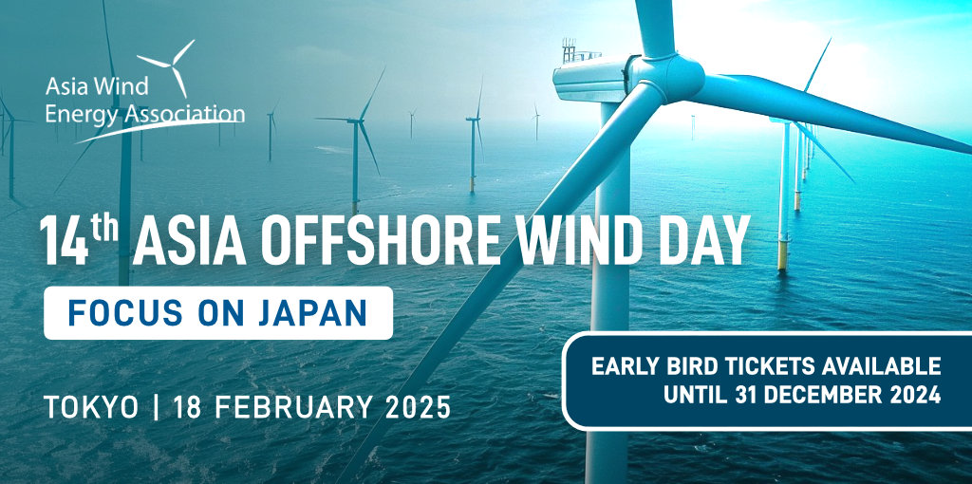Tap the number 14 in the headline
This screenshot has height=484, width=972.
(x=64, y=241)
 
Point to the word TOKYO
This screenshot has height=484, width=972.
(x=92, y=408)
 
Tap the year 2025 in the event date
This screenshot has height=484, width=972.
(x=418, y=408)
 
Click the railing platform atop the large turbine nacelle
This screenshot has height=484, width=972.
(x=580, y=51)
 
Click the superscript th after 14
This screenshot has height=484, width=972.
(x=105, y=228)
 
